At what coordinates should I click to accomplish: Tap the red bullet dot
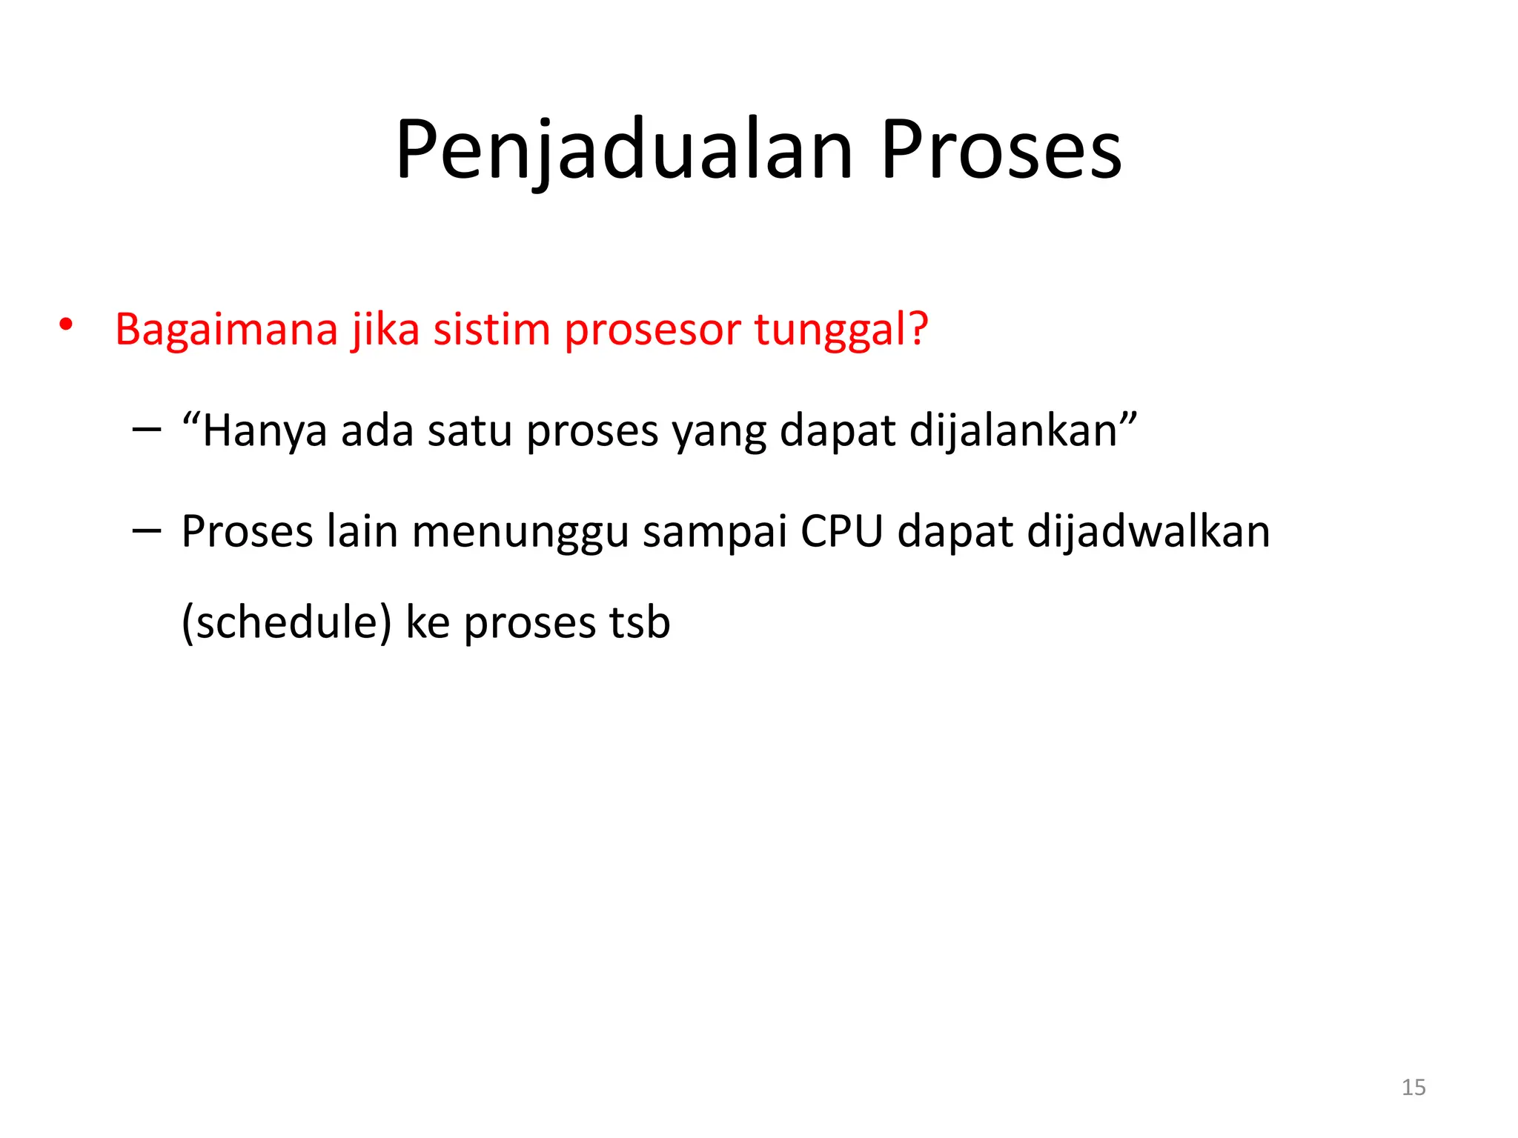tap(66, 325)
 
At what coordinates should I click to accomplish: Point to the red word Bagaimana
tap(226, 329)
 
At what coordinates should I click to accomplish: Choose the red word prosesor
tap(652, 330)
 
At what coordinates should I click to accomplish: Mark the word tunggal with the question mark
tap(841, 330)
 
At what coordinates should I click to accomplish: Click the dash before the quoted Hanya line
tap(146, 429)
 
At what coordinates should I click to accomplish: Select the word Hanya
tap(264, 431)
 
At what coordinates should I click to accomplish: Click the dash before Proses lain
tap(146, 530)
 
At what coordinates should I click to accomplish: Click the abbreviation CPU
tap(842, 532)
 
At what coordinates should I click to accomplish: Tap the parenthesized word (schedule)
tap(286, 622)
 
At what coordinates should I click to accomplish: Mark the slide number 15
tap(1413, 1087)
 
